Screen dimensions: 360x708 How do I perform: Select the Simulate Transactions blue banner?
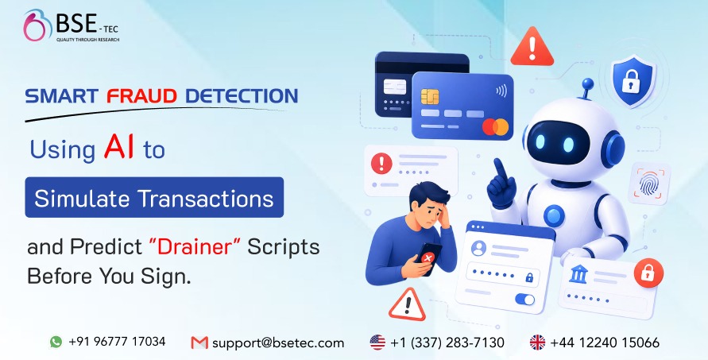pos(154,196)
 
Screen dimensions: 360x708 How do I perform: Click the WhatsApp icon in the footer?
pos(56,342)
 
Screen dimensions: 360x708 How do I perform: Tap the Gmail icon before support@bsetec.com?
pos(199,343)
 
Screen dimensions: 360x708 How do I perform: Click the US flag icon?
pos(377,343)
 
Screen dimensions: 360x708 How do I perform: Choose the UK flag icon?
pos(538,343)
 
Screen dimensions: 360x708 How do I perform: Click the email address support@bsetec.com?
pos(277,343)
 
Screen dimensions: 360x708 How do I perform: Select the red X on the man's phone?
pos(428,259)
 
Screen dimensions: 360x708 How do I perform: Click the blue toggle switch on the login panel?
pos(524,299)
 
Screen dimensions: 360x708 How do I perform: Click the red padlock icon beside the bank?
pos(647,275)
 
